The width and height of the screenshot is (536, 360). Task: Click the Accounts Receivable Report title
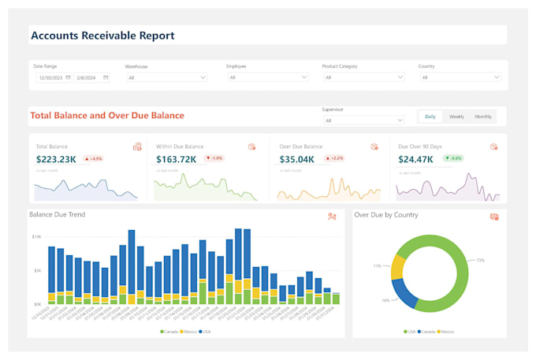[x=102, y=35]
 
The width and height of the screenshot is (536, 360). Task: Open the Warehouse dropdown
[x=166, y=77]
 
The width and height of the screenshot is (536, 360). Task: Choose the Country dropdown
[x=460, y=77]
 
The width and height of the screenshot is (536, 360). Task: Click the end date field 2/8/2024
[x=91, y=77]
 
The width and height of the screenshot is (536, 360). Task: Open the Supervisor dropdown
[x=363, y=121]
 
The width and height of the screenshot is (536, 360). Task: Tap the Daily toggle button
[x=430, y=117]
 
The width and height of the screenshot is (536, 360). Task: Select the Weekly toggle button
[x=456, y=117]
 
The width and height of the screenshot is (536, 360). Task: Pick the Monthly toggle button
[x=483, y=117]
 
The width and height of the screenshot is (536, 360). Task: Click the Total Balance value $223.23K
[x=56, y=159]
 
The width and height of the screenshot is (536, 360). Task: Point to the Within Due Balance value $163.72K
[x=176, y=159]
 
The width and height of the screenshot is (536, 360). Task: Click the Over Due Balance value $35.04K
[x=296, y=159]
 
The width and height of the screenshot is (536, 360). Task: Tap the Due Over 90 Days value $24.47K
[x=418, y=159]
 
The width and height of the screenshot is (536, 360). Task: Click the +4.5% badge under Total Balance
[x=93, y=158]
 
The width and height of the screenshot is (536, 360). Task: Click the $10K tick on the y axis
[x=36, y=236]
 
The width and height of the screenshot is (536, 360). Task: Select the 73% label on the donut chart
[x=480, y=260]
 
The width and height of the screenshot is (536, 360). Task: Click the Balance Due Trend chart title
[x=57, y=214]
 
